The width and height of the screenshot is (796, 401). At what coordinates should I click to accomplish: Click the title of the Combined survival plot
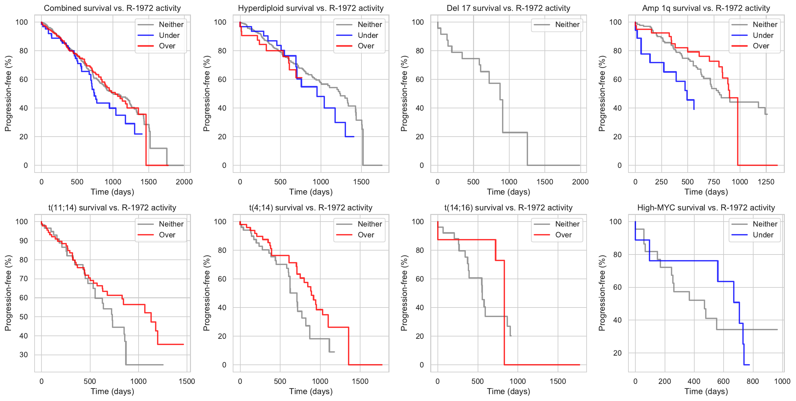pyautogui.click(x=112, y=8)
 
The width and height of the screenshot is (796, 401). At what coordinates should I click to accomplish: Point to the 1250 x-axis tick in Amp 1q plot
pyautogui.click(x=766, y=182)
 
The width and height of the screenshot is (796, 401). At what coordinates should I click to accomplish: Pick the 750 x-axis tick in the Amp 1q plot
pyautogui.click(x=714, y=182)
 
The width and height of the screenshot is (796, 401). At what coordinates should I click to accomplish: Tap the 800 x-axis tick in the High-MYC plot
pyautogui.click(x=753, y=381)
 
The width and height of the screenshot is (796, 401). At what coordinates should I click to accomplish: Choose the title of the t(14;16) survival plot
pyautogui.click(x=508, y=208)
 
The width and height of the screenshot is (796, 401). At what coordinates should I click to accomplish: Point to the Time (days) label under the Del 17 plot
pyautogui.click(x=508, y=192)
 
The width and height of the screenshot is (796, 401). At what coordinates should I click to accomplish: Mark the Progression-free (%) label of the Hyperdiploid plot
pyautogui.click(x=206, y=94)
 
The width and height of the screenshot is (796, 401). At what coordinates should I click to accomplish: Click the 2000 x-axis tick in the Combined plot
pyautogui.click(x=184, y=182)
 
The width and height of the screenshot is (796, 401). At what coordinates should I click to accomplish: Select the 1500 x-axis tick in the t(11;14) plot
pyautogui.click(x=187, y=381)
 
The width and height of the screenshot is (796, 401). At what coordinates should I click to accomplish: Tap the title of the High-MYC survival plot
pyautogui.click(x=706, y=208)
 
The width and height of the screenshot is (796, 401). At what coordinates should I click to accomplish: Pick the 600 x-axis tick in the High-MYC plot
pyautogui.click(x=723, y=381)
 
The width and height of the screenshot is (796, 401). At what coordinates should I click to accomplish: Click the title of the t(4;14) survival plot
pyautogui.click(x=311, y=208)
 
